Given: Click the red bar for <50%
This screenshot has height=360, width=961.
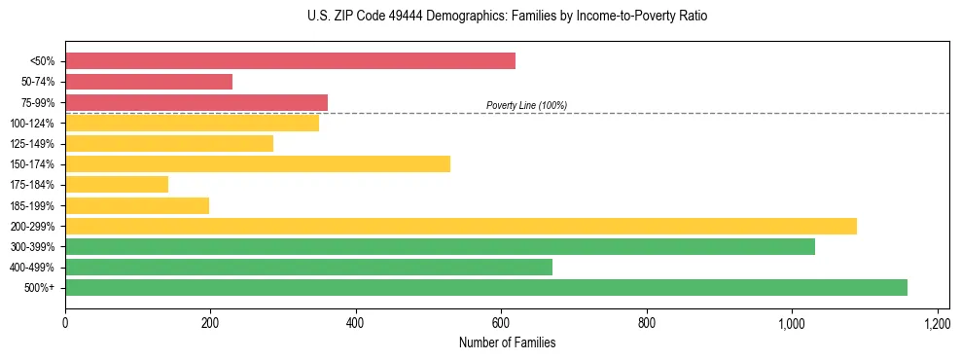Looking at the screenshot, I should tap(290, 61).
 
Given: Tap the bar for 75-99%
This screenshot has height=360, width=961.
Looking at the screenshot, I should tap(196, 102).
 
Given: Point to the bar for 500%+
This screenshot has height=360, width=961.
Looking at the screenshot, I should tap(486, 287).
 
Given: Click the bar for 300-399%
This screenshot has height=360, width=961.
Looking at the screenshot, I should tap(440, 246).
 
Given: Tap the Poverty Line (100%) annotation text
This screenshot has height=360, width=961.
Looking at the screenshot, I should tap(526, 105).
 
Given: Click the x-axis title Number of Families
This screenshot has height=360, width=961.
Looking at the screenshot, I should tap(507, 342).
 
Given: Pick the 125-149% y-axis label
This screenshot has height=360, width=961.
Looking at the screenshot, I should tap(31, 144).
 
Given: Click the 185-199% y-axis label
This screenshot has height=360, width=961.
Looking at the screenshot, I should tap(31, 205).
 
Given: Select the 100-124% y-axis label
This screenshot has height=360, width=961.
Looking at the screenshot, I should tap(31, 124).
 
